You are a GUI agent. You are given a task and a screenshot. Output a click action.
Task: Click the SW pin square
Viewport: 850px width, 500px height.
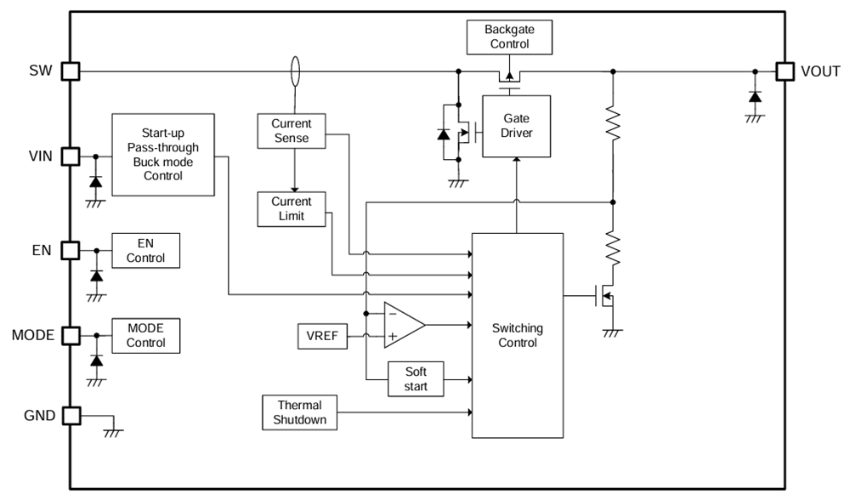(x=70, y=71)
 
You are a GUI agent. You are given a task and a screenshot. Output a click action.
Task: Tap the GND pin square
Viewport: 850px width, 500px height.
(x=70, y=416)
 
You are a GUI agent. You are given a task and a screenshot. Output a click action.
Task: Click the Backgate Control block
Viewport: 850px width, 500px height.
(x=509, y=37)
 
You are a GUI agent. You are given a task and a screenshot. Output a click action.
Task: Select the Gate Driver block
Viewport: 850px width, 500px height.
(x=516, y=126)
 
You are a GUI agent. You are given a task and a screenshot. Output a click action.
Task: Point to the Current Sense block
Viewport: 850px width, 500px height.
(x=292, y=131)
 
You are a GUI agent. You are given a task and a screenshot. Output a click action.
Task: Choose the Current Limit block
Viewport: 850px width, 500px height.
(x=292, y=209)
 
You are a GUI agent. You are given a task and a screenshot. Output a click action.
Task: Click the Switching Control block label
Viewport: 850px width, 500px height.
(x=518, y=335)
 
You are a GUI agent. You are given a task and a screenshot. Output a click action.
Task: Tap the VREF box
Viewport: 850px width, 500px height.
(x=322, y=336)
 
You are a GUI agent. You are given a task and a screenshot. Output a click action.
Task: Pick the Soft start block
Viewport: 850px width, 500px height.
(x=416, y=379)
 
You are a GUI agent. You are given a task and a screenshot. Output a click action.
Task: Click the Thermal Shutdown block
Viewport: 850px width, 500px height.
(x=299, y=413)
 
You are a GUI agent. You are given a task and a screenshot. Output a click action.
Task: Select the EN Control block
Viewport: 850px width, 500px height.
(x=145, y=250)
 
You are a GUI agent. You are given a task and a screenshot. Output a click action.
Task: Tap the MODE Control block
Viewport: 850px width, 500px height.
(x=145, y=335)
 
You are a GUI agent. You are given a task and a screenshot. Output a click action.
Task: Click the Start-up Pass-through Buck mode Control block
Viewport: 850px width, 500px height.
(x=162, y=155)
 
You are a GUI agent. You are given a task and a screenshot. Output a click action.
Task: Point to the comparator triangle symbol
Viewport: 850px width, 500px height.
(x=402, y=324)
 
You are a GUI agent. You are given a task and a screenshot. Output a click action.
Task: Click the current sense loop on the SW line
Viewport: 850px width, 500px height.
(x=295, y=71)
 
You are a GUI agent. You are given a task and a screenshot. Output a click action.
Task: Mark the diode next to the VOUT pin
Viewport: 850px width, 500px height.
(x=754, y=96)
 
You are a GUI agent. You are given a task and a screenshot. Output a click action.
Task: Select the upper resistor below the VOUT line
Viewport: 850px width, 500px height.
(x=613, y=123)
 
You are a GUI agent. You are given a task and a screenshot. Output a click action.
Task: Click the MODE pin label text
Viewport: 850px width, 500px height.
(x=32, y=335)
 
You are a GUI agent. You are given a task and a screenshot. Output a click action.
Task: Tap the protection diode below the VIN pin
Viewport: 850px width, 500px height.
(x=95, y=182)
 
